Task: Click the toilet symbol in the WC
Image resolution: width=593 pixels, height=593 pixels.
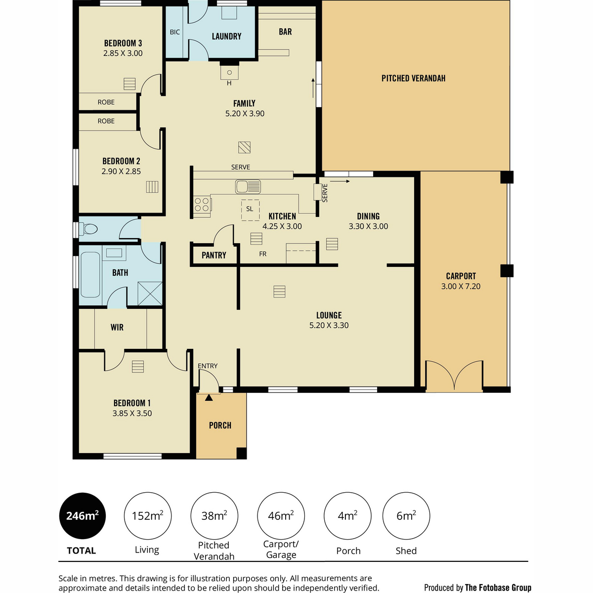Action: pos(88,229)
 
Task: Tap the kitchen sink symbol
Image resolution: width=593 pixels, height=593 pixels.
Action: pos(248,186)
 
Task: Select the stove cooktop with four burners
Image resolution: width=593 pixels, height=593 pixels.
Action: pos(202,204)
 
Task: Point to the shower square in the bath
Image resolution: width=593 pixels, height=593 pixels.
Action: pos(150,293)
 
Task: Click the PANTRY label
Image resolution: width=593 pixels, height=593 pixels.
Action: pos(214,255)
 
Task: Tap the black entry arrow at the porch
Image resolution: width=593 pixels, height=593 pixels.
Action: pos(209,398)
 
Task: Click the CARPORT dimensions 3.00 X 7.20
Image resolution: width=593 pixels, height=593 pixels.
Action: pos(461,286)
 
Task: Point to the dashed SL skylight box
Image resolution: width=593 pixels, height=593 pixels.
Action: pos(250,210)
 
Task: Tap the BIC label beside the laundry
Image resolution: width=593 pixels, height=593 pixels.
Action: pos(175,32)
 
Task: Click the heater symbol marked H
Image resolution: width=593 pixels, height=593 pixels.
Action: pos(229,73)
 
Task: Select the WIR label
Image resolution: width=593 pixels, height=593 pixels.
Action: pos(117,327)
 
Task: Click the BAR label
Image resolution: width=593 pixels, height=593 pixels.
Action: pos(285,32)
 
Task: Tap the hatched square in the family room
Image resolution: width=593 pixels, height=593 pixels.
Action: pos(244,147)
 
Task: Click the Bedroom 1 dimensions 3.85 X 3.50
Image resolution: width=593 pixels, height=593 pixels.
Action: pos(132,413)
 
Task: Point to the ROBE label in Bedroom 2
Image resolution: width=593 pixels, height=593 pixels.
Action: pos(106,121)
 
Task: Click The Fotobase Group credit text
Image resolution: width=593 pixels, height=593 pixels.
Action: pos(498,588)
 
